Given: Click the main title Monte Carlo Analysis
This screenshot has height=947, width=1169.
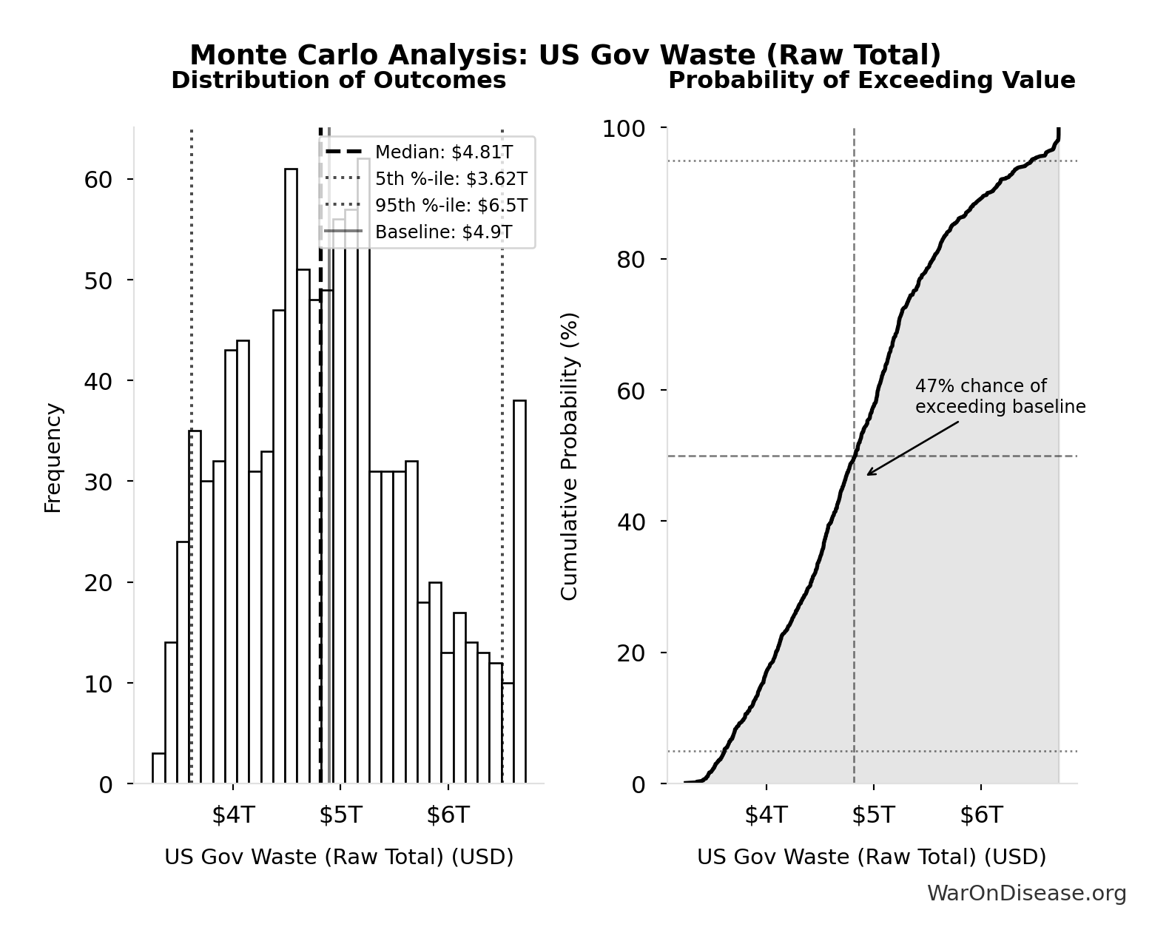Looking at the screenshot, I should pos(565,55).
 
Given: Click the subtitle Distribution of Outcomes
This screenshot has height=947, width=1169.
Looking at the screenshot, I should pos(339,81).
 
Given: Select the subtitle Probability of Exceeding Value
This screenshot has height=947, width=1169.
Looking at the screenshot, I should pos(872,81).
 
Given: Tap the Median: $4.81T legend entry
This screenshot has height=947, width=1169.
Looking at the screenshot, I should pos(443,152).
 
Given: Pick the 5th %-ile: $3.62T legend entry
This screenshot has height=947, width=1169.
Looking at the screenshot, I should pos(451,179).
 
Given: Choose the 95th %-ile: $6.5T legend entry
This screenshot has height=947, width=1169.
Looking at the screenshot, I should pos(451,206).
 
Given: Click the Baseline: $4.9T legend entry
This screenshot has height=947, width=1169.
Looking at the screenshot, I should pos(443,232).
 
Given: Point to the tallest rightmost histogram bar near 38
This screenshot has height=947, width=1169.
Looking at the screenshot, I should pos(519,592).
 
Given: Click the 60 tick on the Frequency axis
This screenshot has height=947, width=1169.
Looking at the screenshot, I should pos(98,180).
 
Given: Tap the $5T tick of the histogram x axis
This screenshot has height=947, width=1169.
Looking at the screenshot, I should pos(340,815).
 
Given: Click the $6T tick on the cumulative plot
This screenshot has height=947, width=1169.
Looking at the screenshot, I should pos(981,815).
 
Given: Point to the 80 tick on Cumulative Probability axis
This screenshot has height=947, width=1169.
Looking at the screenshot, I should pos(630,260).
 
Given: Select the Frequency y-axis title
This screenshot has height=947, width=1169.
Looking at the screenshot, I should pos(53,457).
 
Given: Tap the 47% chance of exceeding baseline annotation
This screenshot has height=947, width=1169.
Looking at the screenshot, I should pos(999,397).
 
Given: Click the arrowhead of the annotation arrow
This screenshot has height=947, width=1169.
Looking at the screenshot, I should pos(869,473).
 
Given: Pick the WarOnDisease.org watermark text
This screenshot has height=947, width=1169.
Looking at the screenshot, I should pos(1026,894).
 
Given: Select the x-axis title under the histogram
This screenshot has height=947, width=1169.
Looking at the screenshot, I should pos(339,857).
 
